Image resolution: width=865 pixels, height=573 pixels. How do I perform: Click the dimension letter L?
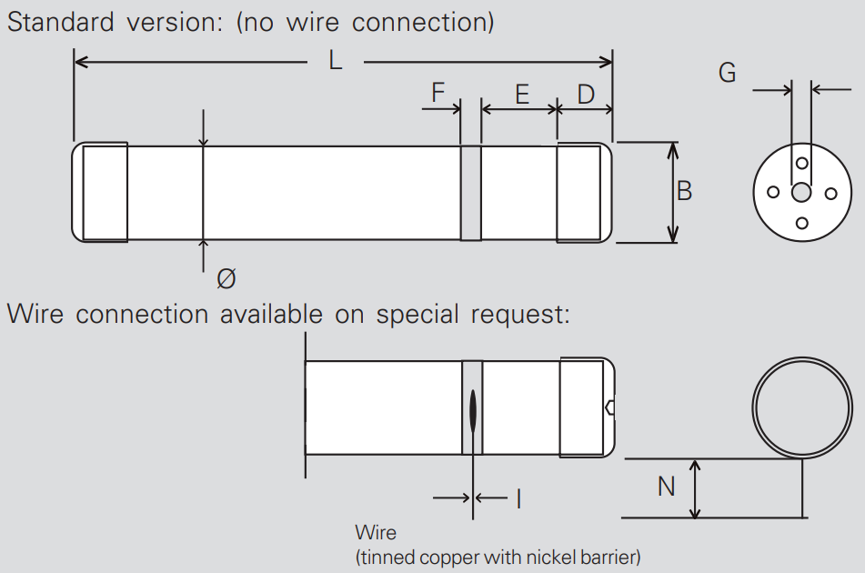coord(336,62)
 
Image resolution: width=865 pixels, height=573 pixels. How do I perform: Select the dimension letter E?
coord(521,94)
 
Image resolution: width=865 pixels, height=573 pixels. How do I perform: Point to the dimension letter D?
coord(586,94)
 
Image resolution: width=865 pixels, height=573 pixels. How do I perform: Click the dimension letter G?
coord(727,73)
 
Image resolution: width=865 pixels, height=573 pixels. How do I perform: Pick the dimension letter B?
coord(684,191)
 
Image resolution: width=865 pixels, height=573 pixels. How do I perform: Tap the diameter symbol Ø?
coord(226,278)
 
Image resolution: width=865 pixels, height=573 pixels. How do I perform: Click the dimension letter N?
coord(666,487)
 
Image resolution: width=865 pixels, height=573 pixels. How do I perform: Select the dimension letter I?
coord(518,498)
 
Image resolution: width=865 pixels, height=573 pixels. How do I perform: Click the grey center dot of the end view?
coord(801,193)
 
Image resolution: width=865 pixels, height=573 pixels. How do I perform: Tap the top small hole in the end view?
coord(801,164)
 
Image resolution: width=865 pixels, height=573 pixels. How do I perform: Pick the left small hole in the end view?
coord(772,192)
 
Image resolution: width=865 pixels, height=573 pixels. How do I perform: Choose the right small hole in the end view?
coord(830,193)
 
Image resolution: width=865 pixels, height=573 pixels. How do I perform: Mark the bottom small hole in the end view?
coord(801,223)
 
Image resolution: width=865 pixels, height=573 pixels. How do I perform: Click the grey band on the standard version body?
coord(470,193)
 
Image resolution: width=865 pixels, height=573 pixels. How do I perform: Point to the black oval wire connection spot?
coord(473,410)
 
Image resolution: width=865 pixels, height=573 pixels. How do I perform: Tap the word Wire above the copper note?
coord(376,532)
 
